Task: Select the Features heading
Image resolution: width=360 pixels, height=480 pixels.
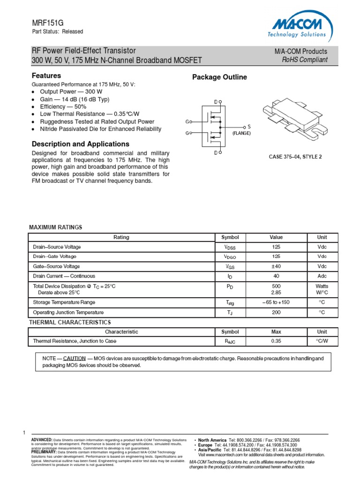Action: coord(46,75)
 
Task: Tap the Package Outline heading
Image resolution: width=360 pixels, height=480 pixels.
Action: coord(219,77)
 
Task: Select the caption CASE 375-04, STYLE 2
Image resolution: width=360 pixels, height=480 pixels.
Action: coord(295,157)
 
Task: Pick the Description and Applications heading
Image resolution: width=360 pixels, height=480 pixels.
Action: coord(80,144)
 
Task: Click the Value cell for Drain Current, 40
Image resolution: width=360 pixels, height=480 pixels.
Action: coord(276,276)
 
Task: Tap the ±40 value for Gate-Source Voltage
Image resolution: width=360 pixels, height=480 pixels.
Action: coord(276,266)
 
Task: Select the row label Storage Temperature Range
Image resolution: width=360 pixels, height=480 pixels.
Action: coord(64,302)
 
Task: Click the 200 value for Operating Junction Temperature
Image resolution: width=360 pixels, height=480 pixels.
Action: coord(276,312)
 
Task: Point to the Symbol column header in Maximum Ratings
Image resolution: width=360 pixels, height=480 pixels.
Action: coord(230,237)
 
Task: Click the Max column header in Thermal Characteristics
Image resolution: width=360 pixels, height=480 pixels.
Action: coord(276,331)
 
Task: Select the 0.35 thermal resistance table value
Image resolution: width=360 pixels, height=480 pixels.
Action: coord(276,341)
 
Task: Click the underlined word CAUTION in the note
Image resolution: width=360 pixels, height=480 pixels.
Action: coord(74,358)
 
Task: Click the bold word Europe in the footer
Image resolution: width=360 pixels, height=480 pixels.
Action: coord(205,445)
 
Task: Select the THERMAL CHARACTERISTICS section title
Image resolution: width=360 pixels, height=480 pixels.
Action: coord(70,322)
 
